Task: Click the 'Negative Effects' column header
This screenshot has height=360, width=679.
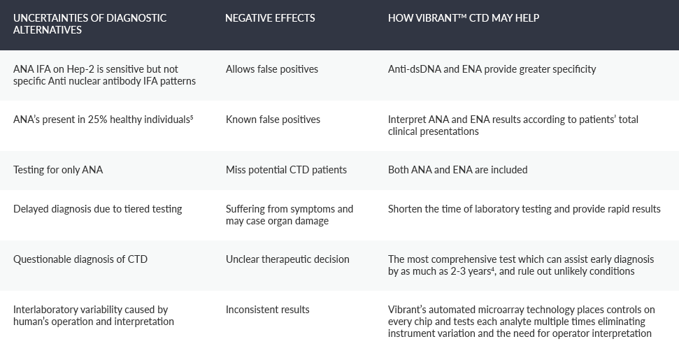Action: (270, 18)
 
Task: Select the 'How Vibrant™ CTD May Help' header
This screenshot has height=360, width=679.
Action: (464, 18)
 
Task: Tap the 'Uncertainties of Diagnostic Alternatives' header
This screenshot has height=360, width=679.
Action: (90, 24)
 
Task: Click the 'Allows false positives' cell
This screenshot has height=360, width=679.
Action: (271, 69)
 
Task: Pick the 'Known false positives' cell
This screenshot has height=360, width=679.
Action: (273, 120)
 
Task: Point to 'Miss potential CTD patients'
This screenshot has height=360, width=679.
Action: (286, 170)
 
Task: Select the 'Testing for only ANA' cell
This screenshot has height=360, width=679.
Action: (58, 170)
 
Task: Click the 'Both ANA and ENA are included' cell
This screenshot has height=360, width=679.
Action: (457, 170)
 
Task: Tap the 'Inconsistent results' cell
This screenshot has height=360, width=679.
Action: (267, 310)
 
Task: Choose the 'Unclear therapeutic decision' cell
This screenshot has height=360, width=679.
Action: (287, 259)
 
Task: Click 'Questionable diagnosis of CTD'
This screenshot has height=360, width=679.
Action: (80, 259)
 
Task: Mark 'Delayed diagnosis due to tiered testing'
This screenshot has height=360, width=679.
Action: (97, 209)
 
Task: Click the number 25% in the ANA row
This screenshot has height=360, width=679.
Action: (97, 120)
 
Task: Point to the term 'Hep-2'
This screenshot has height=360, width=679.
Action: (80, 69)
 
